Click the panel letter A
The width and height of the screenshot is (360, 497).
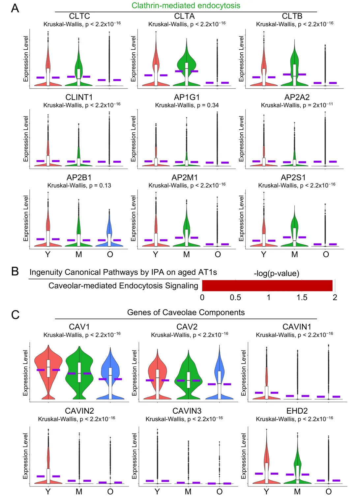click(15, 8)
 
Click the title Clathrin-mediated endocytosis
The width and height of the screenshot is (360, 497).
click(186, 6)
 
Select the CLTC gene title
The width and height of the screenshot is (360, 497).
click(79, 16)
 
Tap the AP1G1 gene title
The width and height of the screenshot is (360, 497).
click(187, 97)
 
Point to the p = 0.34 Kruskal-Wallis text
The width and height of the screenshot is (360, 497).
click(187, 105)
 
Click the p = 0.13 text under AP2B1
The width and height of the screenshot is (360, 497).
click(79, 186)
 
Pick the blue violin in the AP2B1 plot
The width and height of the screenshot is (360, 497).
click(110, 231)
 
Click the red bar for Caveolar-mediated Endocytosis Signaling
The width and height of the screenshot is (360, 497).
click(267, 286)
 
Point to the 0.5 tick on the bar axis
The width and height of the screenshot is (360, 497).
click(235, 298)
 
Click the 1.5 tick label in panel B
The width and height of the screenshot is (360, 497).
click(302, 298)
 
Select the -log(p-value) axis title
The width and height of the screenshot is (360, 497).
click(276, 273)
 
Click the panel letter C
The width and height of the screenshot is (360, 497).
click(15, 315)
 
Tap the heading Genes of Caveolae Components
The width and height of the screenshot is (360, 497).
click(186, 313)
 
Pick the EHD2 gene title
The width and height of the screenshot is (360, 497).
click(297, 411)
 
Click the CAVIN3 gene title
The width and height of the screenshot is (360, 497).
click(187, 411)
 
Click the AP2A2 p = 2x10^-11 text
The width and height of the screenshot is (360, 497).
click(297, 105)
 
